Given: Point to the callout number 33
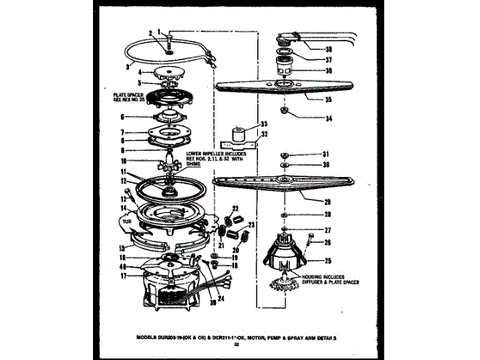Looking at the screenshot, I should [x=263, y=124].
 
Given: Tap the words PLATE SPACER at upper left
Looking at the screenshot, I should [x=127, y=95].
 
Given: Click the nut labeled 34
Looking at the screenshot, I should [x=286, y=112].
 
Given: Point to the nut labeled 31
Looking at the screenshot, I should [x=286, y=154].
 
